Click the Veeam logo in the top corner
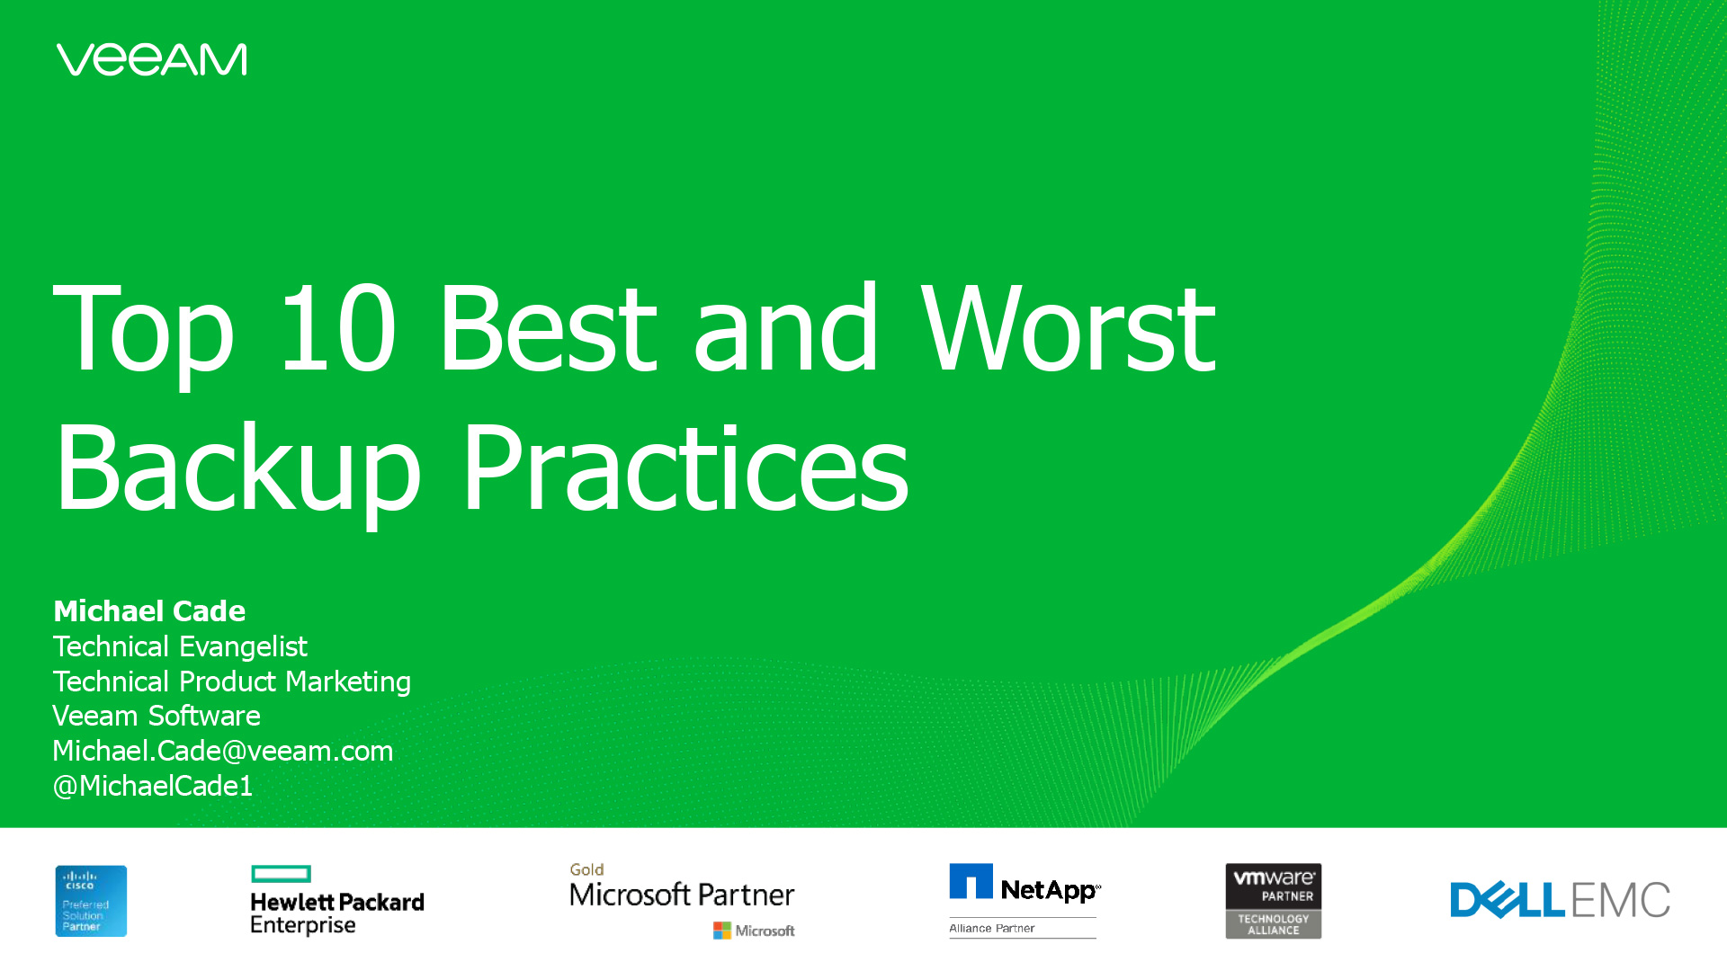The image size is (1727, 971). (151, 59)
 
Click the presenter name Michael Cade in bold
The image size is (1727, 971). (149, 610)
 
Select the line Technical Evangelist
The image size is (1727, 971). (180, 646)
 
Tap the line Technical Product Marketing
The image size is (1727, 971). (232, 681)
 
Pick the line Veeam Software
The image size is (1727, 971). (157, 716)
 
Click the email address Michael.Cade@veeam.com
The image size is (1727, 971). (223, 751)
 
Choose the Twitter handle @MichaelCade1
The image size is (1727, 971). (153, 786)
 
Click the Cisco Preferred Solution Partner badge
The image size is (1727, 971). (91, 901)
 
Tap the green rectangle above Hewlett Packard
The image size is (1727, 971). (282, 873)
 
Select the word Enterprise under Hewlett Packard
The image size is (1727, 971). (303, 925)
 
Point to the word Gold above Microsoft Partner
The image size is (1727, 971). (586, 869)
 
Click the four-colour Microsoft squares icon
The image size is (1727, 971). (721, 931)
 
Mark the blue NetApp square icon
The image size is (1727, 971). (971, 881)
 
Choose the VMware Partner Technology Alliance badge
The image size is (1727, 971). (1274, 901)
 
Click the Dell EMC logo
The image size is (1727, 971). (1560, 900)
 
